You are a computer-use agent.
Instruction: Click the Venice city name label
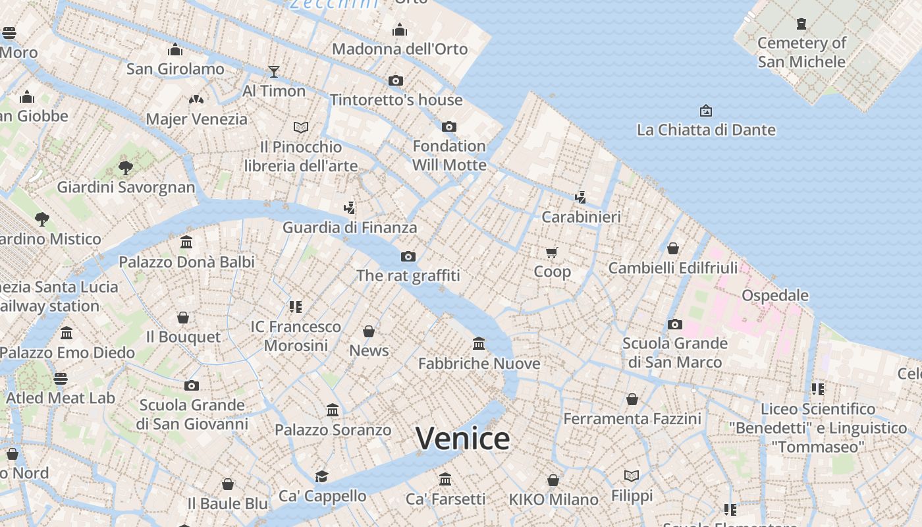463,439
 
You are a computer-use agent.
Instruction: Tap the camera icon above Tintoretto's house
396,80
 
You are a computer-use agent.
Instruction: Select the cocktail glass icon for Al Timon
274,71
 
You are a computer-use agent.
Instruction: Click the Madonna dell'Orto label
400,49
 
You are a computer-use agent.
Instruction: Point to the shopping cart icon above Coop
552,252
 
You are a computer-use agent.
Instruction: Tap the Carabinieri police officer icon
580,197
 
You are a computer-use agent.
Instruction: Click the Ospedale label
775,295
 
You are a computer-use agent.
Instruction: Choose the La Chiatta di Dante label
706,130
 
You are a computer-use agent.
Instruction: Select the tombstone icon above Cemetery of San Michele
801,24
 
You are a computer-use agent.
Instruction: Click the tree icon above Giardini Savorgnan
126,167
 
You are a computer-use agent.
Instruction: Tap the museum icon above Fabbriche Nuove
479,343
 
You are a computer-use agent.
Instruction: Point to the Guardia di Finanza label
350,227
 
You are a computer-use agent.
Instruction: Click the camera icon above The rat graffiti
408,256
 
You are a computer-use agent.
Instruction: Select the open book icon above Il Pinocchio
301,126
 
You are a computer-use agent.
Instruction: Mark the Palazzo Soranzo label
333,430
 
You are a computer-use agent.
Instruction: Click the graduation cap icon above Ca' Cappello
321,476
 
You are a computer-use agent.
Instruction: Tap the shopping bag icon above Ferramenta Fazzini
632,399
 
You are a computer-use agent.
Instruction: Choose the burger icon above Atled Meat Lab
61,379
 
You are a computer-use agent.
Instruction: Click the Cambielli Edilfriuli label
673,268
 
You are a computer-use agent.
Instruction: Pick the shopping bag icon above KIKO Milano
553,480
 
